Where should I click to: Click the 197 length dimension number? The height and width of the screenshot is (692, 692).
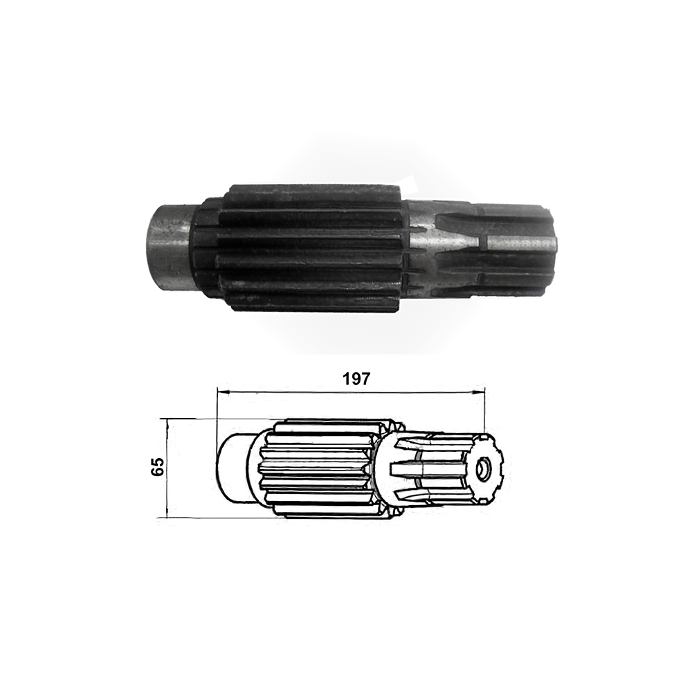[x=356, y=379]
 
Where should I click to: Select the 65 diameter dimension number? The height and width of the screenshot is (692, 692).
[x=158, y=466]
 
